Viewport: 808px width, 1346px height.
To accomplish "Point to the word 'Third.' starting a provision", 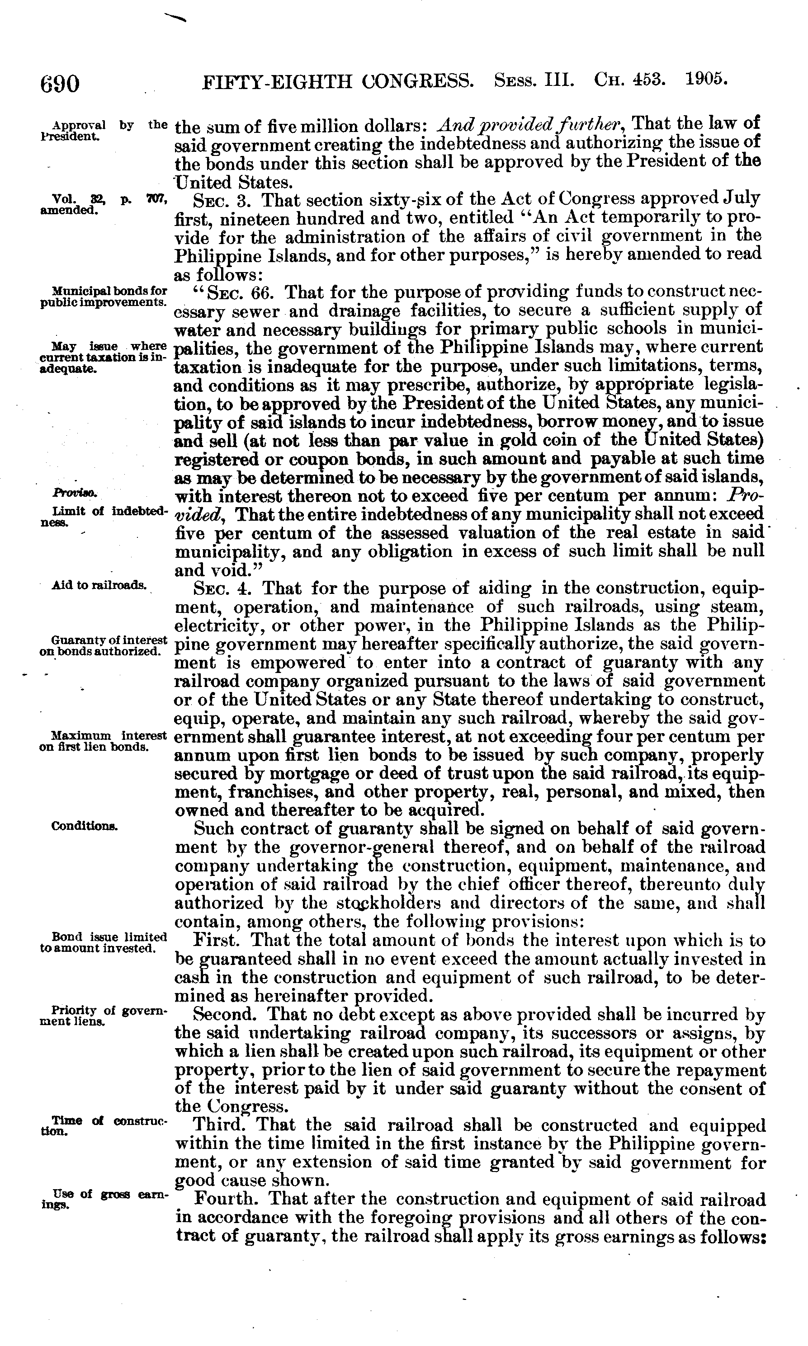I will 218,1125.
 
